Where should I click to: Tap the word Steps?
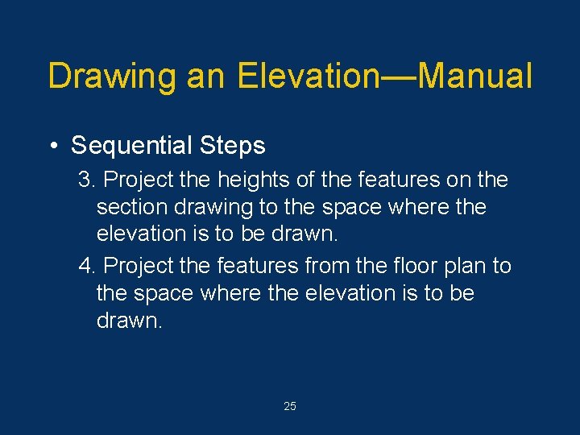(234, 146)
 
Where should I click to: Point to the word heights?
(251, 178)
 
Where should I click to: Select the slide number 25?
(290, 407)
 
